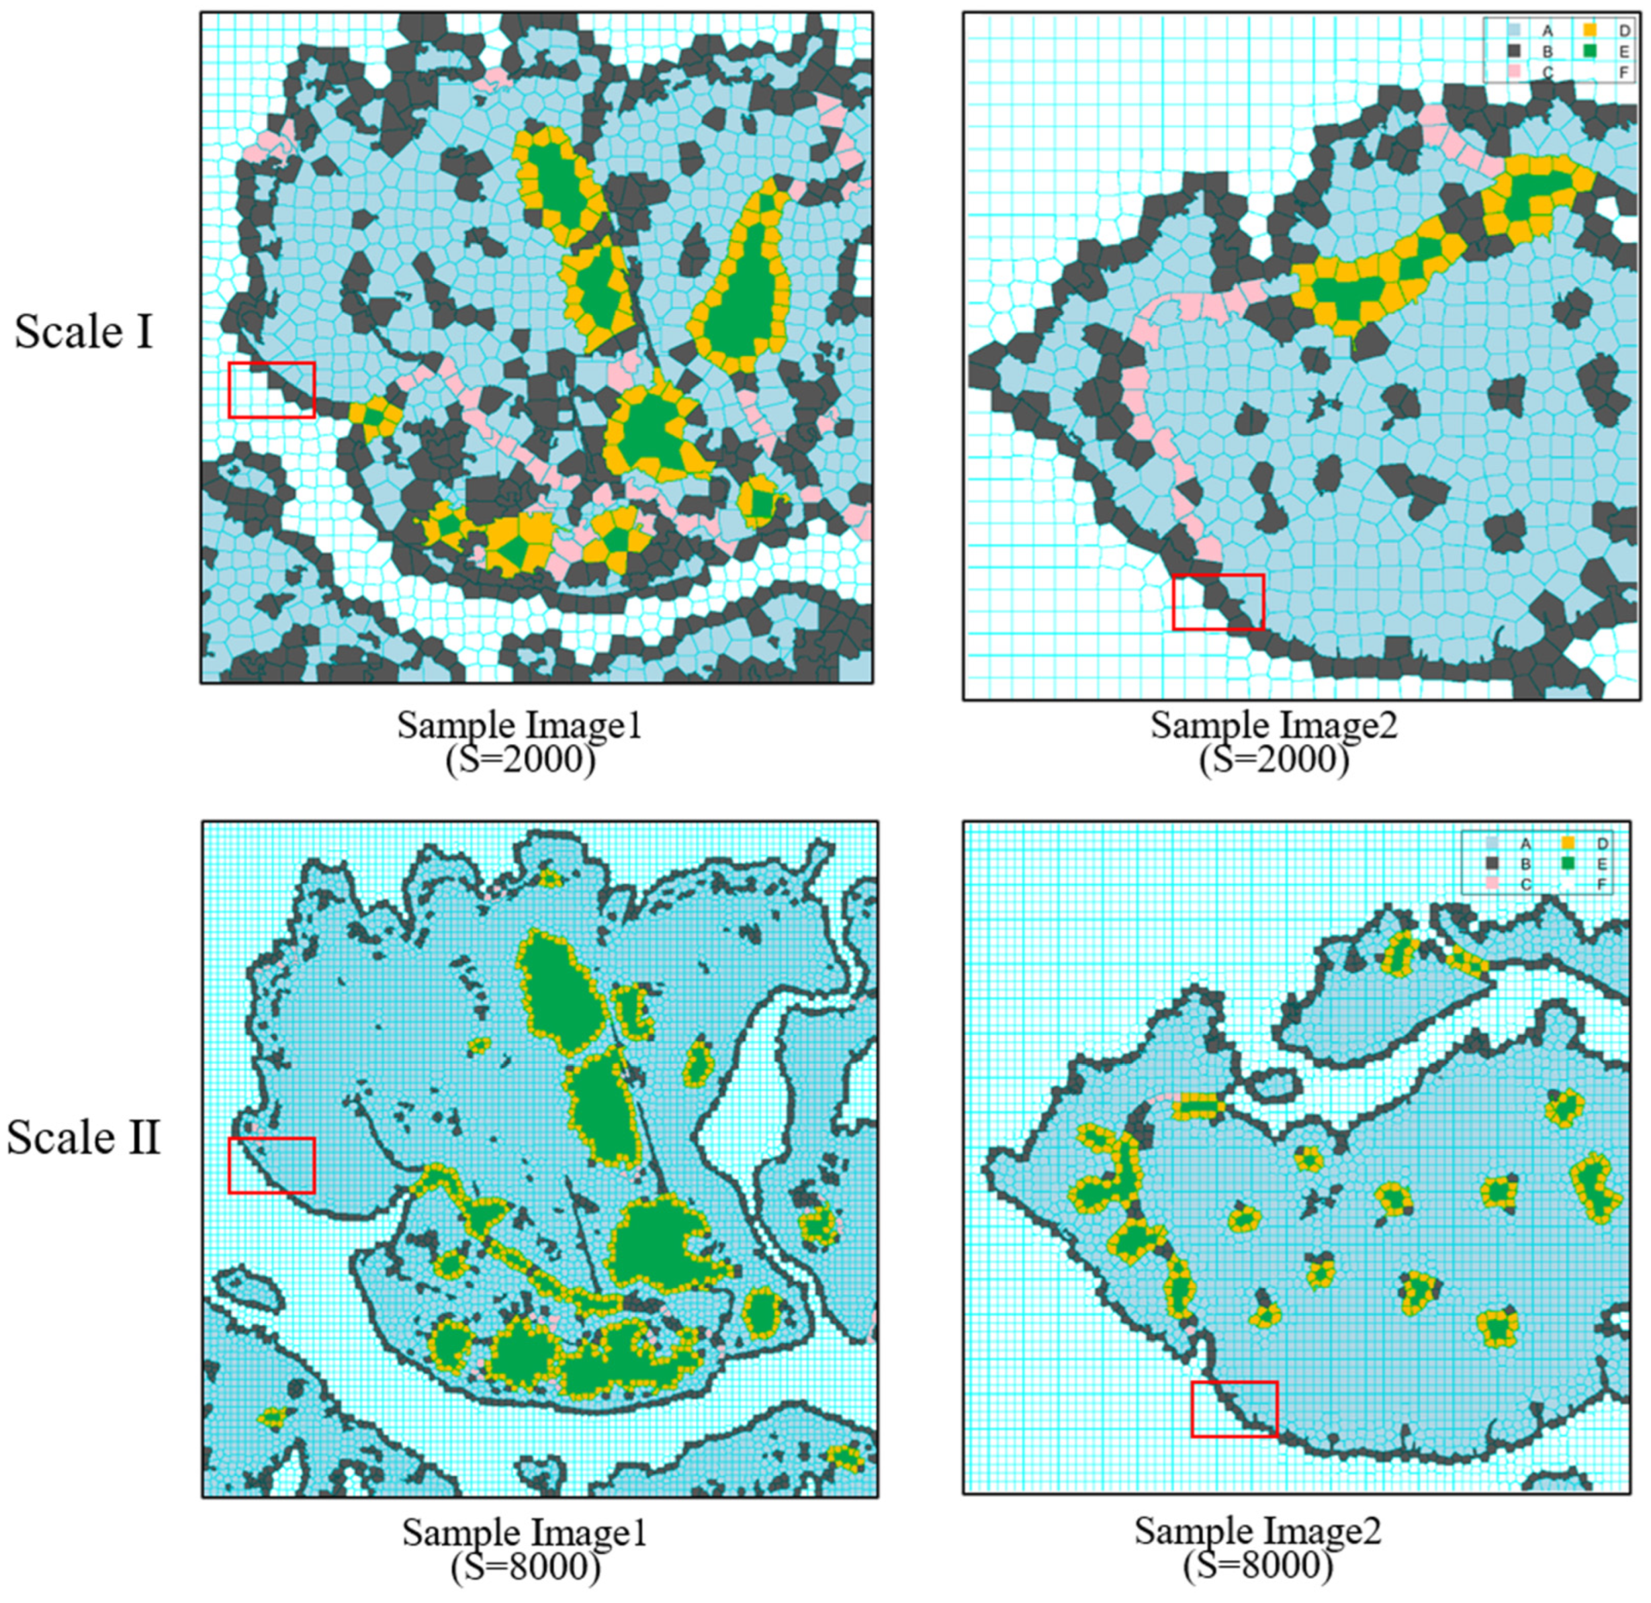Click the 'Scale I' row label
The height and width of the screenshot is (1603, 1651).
coord(83,331)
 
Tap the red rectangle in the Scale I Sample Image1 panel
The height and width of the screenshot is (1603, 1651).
coord(271,390)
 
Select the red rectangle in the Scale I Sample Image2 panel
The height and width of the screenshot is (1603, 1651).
coord(1218,602)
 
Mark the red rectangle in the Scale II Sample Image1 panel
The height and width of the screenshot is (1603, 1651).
coord(271,1165)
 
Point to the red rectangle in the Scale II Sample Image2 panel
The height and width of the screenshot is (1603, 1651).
coord(1234,1408)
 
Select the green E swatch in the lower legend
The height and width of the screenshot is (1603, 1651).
coord(1568,864)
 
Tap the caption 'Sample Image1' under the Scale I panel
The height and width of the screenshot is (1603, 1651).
coord(519,725)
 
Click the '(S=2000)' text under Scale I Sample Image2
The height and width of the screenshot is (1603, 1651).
coord(1273,760)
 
